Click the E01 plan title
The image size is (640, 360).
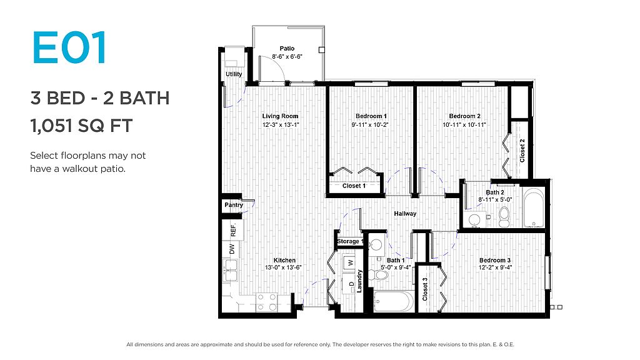tap(69, 47)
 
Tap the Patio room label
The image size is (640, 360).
tap(287, 49)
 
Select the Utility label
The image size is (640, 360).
tap(234, 74)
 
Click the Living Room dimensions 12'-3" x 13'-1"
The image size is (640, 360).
tap(281, 124)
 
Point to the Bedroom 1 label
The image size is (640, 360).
tap(371, 116)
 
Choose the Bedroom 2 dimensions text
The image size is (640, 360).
tap(464, 124)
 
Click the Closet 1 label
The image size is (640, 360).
tap(354, 186)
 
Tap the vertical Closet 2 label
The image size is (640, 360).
tap(522, 151)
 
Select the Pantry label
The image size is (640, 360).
tap(234, 205)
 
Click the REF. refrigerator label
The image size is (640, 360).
tap(234, 230)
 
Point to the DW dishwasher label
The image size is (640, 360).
tap(232, 249)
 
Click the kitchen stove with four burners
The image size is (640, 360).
tap(266, 302)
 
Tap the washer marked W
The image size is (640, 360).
tap(350, 263)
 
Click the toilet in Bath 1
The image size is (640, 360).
tap(378, 275)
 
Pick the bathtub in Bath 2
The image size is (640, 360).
tap(533, 207)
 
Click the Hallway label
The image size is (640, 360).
tap(405, 214)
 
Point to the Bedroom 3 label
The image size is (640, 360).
tap(495, 261)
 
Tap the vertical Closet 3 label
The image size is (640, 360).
tap(425, 289)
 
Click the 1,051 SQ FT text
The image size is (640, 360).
tap(82, 126)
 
